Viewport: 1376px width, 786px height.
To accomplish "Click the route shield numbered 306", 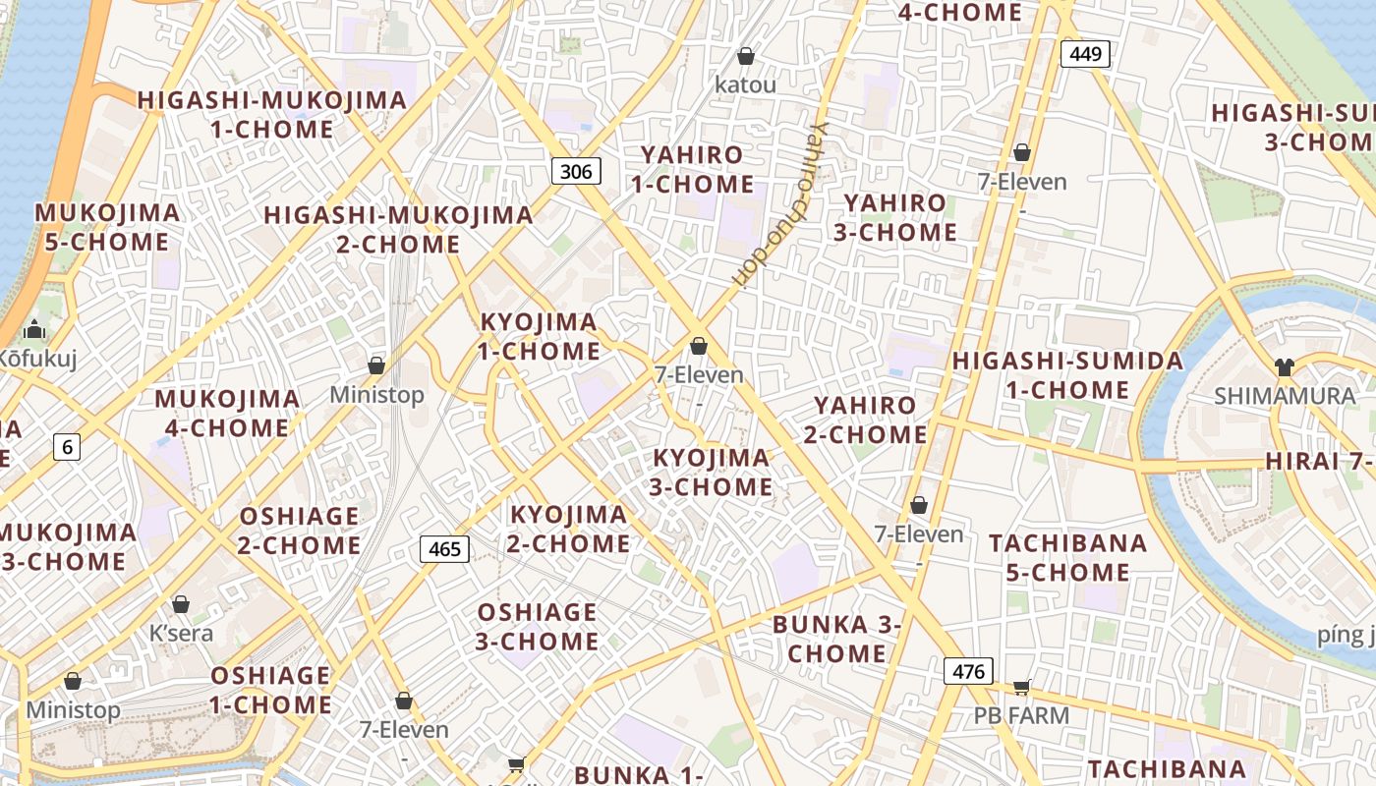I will [x=576, y=172].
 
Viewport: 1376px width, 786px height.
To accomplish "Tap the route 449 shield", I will [x=1085, y=54].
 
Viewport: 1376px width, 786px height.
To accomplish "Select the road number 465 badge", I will [x=445, y=549].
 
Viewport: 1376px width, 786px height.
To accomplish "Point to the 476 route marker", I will [x=968, y=672].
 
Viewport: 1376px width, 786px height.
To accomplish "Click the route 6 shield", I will [x=67, y=448].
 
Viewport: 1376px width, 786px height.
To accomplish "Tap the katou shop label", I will [x=745, y=85].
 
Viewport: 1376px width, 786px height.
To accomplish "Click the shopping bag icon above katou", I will [x=746, y=56].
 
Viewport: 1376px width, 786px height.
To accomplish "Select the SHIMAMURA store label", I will [x=1284, y=396].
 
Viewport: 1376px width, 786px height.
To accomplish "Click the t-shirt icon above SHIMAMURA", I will [x=1284, y=367].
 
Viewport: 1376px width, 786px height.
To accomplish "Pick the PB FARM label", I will [x=1021, y=715].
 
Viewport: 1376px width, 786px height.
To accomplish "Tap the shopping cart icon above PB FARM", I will [x=1021, y=687].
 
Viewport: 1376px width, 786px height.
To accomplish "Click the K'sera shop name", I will [x=181, y=633].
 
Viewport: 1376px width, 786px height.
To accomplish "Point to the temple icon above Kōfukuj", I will [x=35, y=328].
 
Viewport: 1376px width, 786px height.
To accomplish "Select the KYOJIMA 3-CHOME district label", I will [x=713, y=473].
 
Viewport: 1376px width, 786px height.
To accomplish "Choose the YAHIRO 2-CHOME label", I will [x=866, y=420].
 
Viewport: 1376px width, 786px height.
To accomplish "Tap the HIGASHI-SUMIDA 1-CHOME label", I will [x=1067, y=375].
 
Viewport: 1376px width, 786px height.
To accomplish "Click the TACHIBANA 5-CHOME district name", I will [x=1067, y=557].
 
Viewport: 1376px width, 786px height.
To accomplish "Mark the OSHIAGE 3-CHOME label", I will [x=538, y=627].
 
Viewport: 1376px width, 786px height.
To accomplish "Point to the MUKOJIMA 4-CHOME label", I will [x=227, y=414].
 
